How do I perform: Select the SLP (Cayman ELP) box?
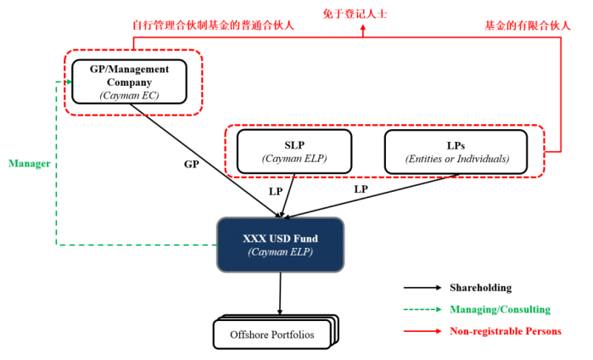click(x=294, y=151)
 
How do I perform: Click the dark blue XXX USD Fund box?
click(x=280, y=245)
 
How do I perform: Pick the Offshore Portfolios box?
click(x=272, y=335)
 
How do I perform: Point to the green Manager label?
click(x=30, y=163)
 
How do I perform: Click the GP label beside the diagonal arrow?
click(x=191, y=164)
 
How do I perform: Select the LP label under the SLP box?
click(x=276, y=192)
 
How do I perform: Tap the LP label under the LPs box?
click(x=361, y=188)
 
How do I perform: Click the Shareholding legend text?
click(x=480, y=288)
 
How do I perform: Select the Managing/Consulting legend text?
click(x=500, y=310)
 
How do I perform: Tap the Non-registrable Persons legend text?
click(x=505, y=332)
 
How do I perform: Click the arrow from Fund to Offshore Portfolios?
click(x=279, y=293)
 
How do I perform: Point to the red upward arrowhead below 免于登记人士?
click(x=363, y=31)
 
